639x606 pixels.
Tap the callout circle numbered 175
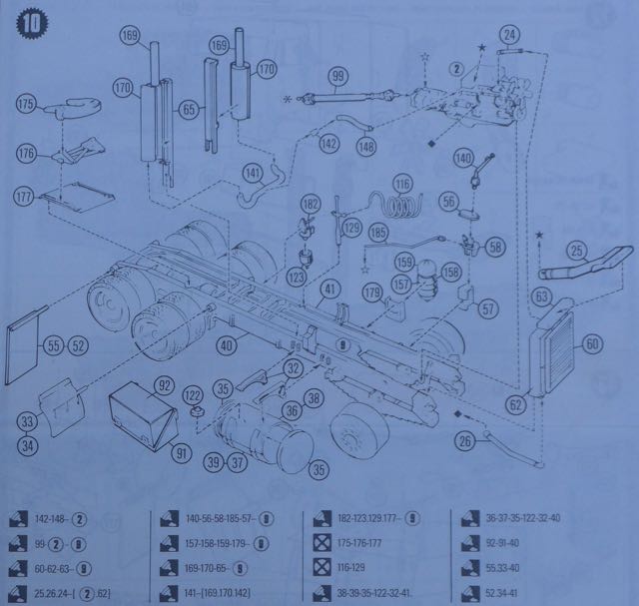pyautogui.click(x=27, y=103)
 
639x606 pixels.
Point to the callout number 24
pyautogui.click(x=510, y=37)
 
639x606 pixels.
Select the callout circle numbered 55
pyautogui.click(x=54, y=345)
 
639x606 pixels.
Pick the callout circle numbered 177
pyautogui.click(x=27, y=193)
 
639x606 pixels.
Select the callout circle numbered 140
pyautogui.click(x=463, y=158)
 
